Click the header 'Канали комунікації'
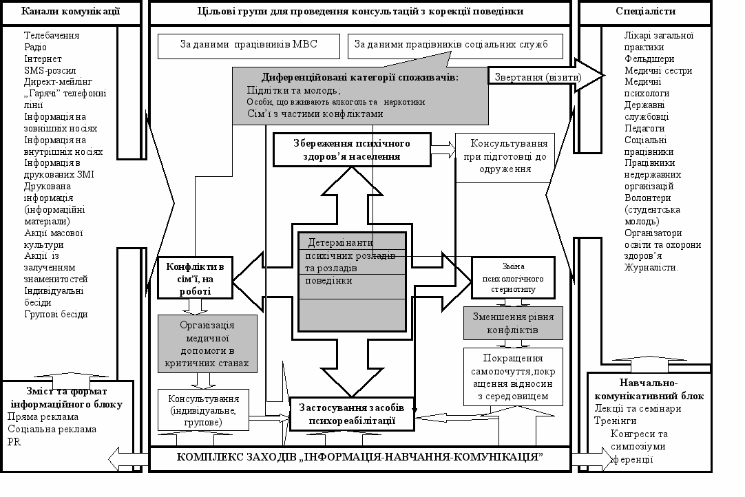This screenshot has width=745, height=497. point(71,11)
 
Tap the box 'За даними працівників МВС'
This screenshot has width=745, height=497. point(249,45)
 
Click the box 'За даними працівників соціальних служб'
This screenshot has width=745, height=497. point(456,45)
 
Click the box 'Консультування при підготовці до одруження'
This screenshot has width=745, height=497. point(505,157)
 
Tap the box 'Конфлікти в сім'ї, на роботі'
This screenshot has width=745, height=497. point(195,278)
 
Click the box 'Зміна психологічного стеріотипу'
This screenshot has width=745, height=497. point(513,277)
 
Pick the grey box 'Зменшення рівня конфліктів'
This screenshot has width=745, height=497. point(513,324)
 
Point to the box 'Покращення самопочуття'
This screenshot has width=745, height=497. point(513,377)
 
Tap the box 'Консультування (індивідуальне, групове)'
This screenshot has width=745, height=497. point(203,410)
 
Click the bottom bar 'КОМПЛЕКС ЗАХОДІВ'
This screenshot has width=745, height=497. point(359,458)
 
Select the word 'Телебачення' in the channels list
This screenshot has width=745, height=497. point(52,35)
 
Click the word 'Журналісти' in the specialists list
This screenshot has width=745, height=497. point(651,268)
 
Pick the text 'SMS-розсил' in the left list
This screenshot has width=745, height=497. point(50,70)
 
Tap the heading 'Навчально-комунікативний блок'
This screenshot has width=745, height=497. point(645,389)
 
